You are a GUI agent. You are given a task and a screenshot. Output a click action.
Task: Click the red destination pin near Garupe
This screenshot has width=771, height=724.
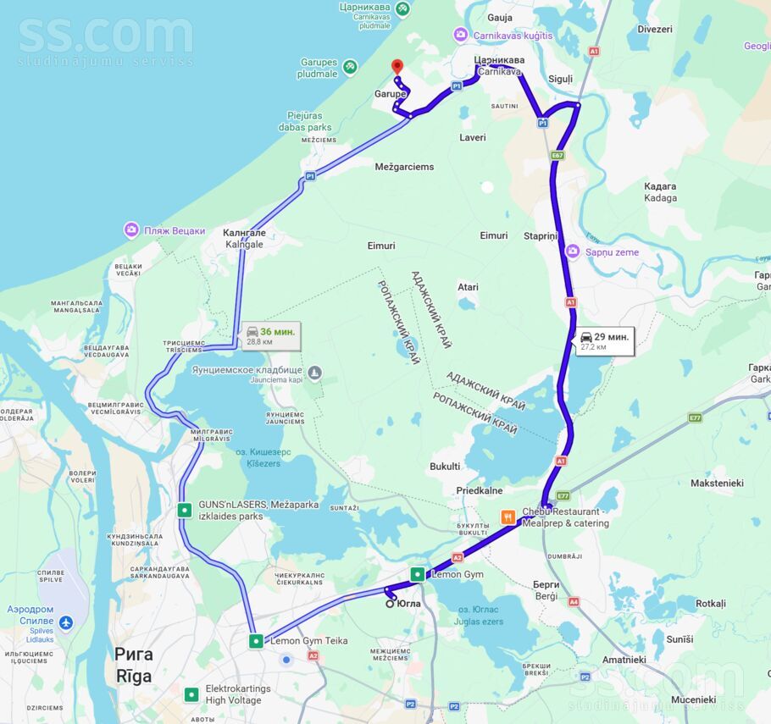point(397,67)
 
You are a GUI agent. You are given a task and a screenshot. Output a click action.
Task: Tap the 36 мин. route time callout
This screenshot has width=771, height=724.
point(271,335)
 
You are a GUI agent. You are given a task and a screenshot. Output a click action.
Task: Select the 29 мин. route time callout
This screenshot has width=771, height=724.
point(605,340)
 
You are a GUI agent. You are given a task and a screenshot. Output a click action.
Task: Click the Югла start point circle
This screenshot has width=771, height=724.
point(391,603)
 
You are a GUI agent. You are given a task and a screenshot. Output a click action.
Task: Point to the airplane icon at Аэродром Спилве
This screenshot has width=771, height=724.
point(66,623)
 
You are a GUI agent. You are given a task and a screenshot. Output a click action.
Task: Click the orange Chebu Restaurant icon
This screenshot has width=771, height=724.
point(508,517)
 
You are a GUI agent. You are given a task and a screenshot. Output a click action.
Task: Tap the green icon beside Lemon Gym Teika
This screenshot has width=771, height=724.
point(256,641)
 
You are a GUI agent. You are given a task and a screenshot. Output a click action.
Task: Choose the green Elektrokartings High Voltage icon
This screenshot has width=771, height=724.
point(191,694)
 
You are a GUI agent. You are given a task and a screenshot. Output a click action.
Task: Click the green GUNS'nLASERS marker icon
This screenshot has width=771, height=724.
point(184,510)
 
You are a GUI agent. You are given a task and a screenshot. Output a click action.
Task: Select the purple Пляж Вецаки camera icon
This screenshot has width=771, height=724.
point(131,229)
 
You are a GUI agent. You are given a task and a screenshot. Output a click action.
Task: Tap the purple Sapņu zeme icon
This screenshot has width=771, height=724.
point(573,251)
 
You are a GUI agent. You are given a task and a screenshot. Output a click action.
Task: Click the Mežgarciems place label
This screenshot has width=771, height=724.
point(404,167)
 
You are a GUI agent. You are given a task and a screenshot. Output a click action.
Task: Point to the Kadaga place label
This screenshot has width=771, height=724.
point(660,192)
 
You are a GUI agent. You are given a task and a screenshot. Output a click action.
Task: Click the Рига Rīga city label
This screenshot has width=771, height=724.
point(133,665)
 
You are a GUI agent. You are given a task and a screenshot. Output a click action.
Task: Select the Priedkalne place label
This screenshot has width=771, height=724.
point(480,490)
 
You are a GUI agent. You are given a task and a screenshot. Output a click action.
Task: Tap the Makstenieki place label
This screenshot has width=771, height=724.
point(717,483)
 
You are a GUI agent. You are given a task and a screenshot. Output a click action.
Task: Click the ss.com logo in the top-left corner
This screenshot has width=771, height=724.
point(105,38)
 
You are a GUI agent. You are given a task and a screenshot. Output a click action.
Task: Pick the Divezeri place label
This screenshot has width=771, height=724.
point(654,29)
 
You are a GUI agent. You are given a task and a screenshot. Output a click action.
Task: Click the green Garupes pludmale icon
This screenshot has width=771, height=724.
point(351,67)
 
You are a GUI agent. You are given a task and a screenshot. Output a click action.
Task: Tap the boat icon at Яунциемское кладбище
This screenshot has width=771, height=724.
point(315,372)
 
